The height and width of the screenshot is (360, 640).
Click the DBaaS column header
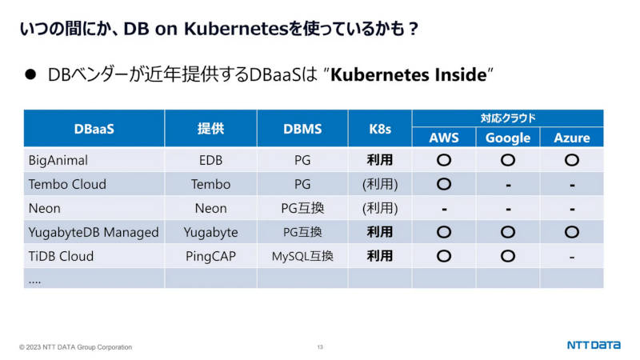point(94,129)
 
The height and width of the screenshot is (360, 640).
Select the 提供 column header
point(210,129)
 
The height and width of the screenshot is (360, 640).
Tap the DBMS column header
point(302,129)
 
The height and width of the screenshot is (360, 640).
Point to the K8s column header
point(380,129)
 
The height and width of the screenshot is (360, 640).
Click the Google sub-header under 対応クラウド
point(508,138)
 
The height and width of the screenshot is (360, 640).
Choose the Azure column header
point(572,138)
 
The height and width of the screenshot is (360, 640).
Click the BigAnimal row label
point(58,161)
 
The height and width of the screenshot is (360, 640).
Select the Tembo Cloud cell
point(67,184)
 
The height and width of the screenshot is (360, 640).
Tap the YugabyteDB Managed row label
point(94,232)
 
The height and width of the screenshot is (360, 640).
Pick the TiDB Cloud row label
point(62,256)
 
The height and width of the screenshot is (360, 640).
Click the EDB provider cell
point(210,160)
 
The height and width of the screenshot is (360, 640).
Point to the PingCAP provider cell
point(210,256)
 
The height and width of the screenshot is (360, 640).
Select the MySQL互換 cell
point(302,256)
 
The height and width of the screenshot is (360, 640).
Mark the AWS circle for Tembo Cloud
point(444,184)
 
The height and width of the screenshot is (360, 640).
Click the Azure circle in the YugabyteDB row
point(572,232)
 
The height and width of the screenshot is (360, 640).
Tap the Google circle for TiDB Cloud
point(508,256)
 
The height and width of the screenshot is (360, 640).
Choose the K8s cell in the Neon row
point(380,208)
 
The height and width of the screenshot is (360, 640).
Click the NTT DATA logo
point(594,345)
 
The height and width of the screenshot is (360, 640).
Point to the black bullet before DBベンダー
point(30,74)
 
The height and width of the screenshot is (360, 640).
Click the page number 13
point(320,347)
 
